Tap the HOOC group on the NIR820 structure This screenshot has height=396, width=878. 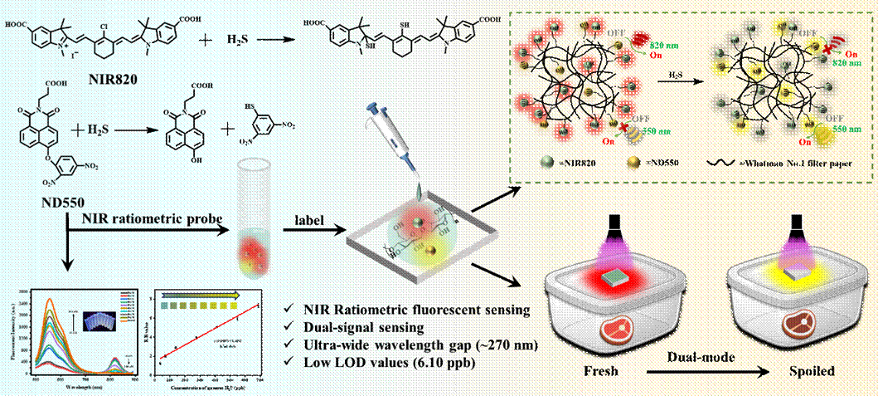click(x=17, y=26)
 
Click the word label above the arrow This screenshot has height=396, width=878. click(x=308, y=219)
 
